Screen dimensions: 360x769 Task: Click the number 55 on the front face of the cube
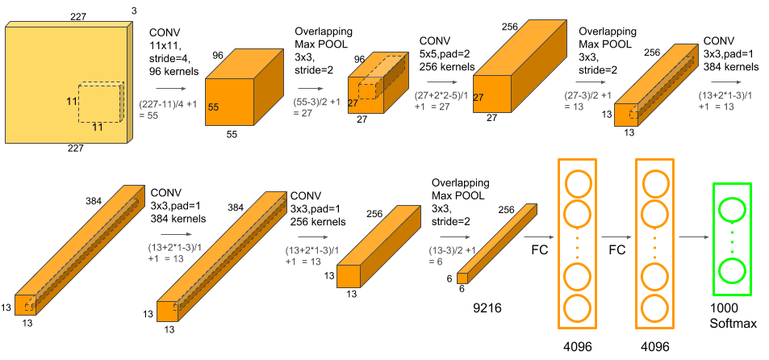point(215,107)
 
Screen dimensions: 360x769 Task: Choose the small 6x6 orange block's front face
point(462,278)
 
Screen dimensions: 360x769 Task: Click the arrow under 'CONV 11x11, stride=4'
point(165,88)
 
